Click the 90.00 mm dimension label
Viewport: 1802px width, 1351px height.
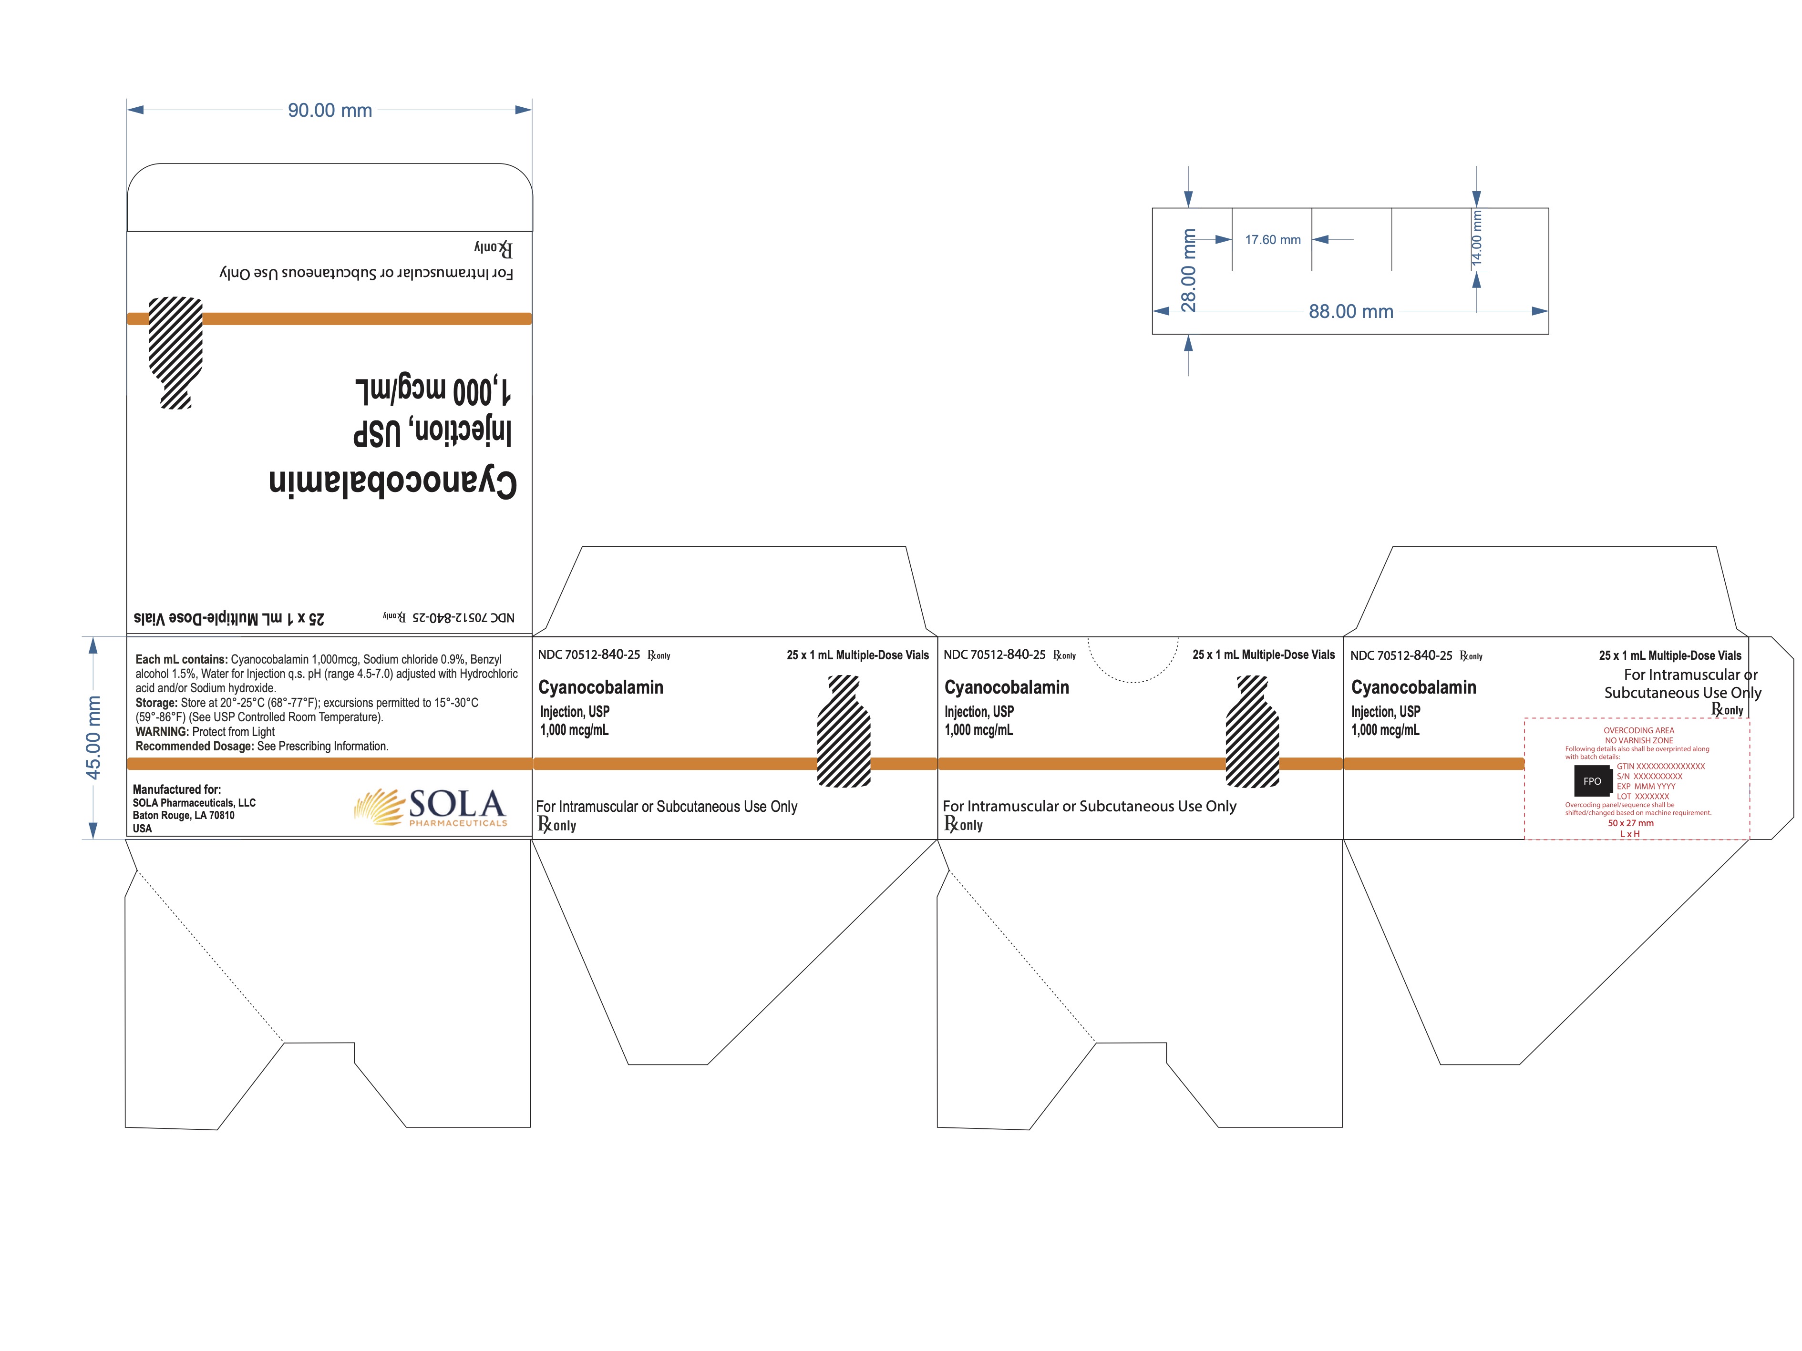330,110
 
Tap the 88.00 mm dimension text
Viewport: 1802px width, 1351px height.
1351,311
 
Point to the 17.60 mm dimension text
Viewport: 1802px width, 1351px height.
1273,239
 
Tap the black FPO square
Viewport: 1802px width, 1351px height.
1592,781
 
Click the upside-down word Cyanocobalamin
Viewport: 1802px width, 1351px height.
392,482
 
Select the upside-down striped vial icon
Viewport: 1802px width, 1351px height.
176,353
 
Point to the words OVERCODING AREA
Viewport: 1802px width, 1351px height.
1638,730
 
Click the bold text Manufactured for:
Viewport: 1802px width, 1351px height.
177,789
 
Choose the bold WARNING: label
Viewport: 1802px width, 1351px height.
162,731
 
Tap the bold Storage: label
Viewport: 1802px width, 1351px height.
156,703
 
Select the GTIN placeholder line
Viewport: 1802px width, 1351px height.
1660,766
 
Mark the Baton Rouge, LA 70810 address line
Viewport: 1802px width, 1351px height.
183,815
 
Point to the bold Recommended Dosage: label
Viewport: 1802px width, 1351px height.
195,746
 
